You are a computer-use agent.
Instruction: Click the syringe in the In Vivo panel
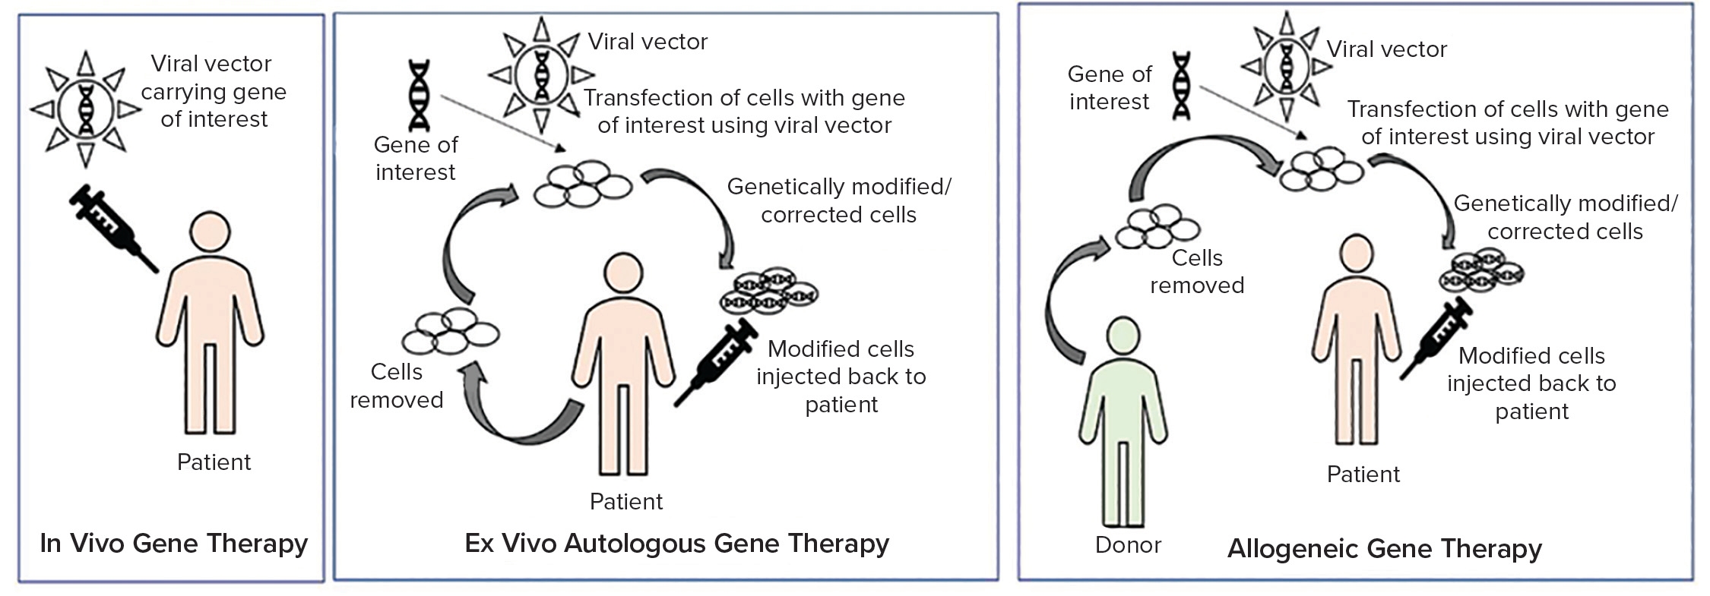pos(112,227)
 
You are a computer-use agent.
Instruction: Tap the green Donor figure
pos(1123,421)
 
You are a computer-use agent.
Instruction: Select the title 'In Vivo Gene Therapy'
pos(174,544)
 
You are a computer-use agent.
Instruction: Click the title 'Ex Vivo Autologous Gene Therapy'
pos(677,544)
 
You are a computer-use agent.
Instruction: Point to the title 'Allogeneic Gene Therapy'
pos(1385,549)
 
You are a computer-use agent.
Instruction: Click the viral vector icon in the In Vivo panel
pos(86,108)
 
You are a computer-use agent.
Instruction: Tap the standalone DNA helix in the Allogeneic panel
pos(1181,85)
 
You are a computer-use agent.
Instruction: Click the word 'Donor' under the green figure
pos(1128,545)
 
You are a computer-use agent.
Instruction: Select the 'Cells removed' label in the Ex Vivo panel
pos(396,386)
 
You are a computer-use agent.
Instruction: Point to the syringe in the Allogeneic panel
pos(1436,337)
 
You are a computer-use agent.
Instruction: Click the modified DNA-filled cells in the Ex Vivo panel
pos(768,290)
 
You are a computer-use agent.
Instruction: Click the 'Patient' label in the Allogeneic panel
pos(1363,475)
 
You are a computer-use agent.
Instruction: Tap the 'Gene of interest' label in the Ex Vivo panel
pos(415,158)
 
